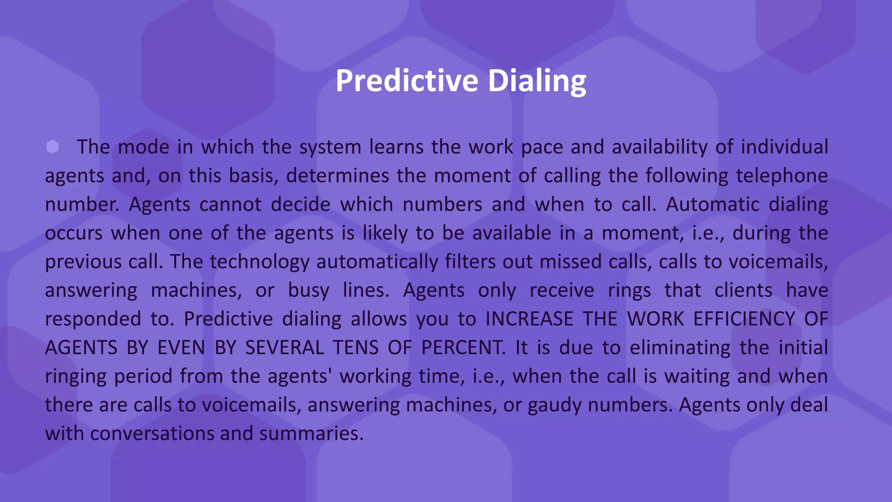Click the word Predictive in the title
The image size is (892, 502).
click(407, 81)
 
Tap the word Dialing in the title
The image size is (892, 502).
click(537, 81)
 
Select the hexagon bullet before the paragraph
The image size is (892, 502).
click(52, 147)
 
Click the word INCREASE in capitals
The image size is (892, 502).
click(529, 319)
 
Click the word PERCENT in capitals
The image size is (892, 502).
click(463, 348)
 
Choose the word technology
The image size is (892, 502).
click(260, 261)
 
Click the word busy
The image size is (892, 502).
click(308, 290)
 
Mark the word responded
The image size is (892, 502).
click(93, 319)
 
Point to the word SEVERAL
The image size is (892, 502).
click(284, 348)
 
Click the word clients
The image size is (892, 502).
click(743, 290)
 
